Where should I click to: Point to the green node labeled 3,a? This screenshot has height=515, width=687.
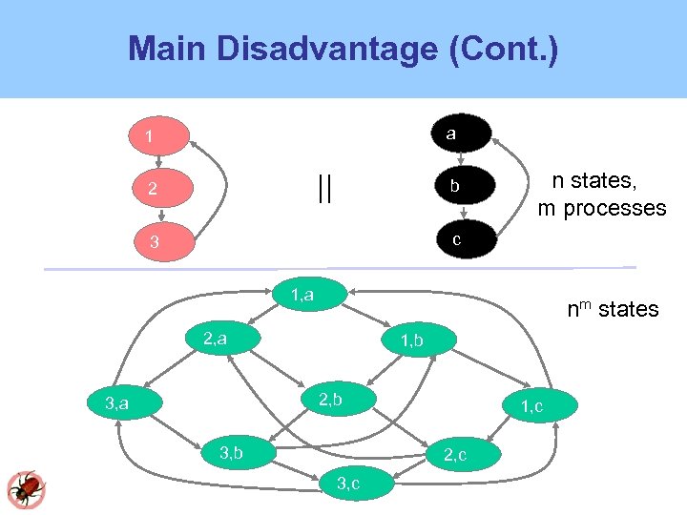119,404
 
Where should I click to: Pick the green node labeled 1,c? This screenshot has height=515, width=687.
531,407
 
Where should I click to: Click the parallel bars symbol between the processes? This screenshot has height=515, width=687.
324,188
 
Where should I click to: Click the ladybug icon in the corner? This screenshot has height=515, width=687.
26,488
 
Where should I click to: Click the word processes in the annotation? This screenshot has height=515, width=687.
614,209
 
